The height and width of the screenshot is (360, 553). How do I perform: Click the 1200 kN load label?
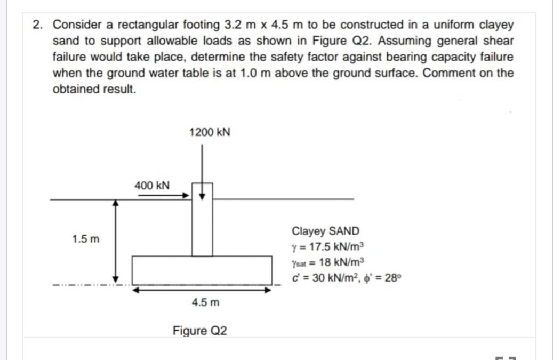pos(210,132)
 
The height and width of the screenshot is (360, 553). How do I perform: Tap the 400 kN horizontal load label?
pos(152,186)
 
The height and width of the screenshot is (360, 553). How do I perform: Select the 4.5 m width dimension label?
pos(205,302)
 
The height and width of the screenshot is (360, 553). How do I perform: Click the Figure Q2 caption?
pos(200,331)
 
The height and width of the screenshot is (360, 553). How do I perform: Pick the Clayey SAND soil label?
pos(325,231)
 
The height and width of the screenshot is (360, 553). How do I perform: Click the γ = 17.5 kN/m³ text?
pos(327,247)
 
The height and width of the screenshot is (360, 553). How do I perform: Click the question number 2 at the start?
pos(37,25)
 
